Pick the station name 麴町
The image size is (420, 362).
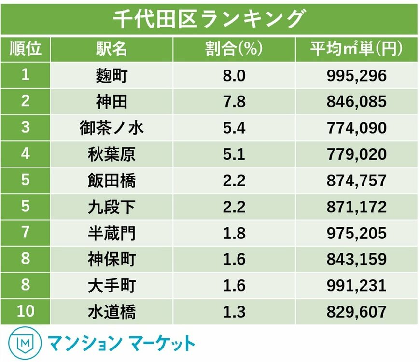[x=112, y=76]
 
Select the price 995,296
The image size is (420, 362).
[x=356, y=76]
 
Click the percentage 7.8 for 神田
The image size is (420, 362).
[x=234, y=102]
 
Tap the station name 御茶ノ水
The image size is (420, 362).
[x=112, y=128]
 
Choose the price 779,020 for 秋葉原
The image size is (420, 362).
[x=356, y=154]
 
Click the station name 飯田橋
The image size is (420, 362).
[x=112, y=181]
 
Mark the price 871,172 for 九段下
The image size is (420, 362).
[x=356, y=207]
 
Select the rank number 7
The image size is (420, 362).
[x=26, y=233]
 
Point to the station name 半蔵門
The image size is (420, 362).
[x=112, y=233]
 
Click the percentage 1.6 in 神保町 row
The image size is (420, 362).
[x=234, y=259]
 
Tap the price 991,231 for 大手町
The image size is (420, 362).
[x=356, y=285]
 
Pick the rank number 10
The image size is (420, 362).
[x=26, y=312]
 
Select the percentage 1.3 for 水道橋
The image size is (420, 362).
[x=234, y=312]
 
